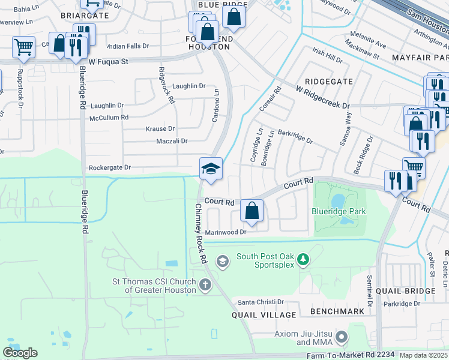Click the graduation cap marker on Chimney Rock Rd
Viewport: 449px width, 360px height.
tap(211, 169)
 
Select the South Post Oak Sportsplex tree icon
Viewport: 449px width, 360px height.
tap(304, 259)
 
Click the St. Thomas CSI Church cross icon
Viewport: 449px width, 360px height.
tap(205, 284)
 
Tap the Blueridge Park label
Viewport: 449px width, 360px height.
tap(339, 211)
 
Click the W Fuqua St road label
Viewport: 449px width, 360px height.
tap(109, 61)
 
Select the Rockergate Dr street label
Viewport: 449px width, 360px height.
tap(110, 168)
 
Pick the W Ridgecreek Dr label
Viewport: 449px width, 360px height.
tap(322, 97)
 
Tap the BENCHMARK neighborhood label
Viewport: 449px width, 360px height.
tap(337, 311)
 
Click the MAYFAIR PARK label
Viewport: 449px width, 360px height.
tap(420, 57)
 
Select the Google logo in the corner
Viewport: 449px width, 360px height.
tap(20, 353)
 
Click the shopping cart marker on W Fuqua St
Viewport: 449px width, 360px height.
tap(23, 46)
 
